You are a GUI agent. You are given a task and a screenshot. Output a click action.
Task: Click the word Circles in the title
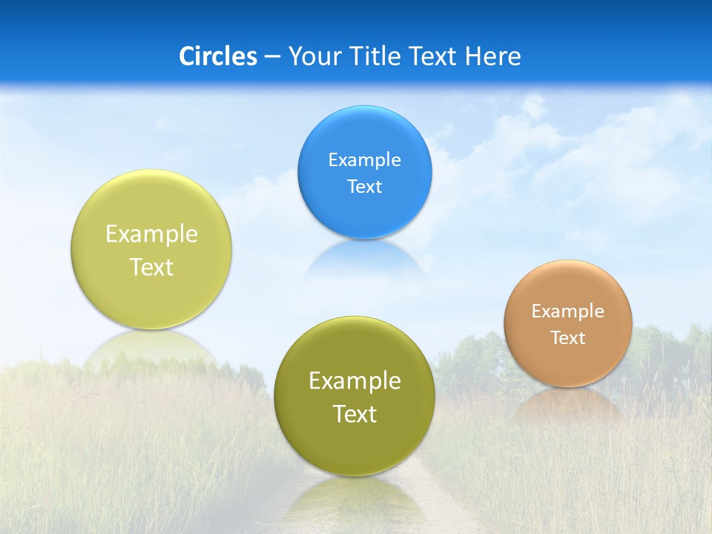[x=218, y=56]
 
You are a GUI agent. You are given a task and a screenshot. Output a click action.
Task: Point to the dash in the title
[x=272, y=57]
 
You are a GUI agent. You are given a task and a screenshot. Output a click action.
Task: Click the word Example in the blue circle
[x=364, y=159]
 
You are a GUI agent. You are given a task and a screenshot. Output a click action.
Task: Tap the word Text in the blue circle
[x=364, y=186]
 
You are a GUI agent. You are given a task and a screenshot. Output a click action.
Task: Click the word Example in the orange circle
[x=568, y=311]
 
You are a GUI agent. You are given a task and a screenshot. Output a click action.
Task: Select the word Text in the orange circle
[x=568, y=338]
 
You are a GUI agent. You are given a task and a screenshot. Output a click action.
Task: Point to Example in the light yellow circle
[x=151, y=234]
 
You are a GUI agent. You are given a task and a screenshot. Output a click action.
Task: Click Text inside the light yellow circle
[x=151, y=267]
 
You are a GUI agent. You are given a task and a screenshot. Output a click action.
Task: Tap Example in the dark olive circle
[x=355, y=381]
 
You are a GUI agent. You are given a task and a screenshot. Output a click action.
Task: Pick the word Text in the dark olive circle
[x=355, y=414]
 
